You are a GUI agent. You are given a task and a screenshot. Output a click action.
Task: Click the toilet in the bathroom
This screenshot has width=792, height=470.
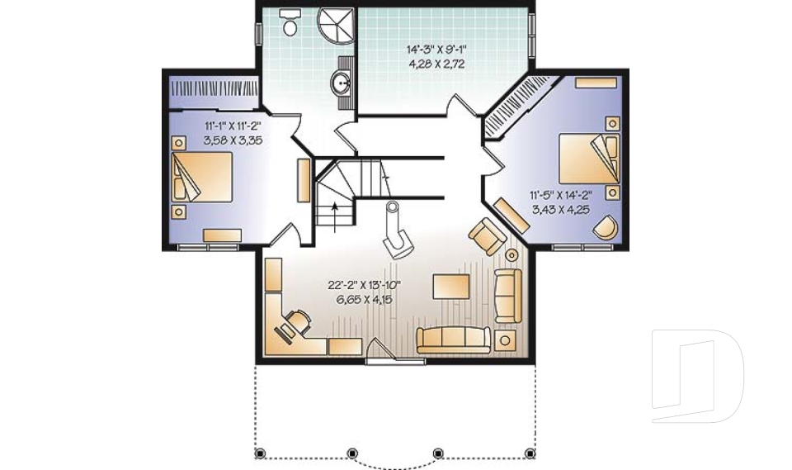pos(290,23)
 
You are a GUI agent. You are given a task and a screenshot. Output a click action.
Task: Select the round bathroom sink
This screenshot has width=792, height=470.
pos(341,82)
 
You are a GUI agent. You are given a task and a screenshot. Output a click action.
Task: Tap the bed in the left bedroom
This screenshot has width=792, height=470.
pos(201,176)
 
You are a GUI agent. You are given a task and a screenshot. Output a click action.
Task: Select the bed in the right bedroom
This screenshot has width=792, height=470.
pos(589,156)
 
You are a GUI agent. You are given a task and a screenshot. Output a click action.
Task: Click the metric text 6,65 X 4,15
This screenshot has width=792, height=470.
pos(364,299)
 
